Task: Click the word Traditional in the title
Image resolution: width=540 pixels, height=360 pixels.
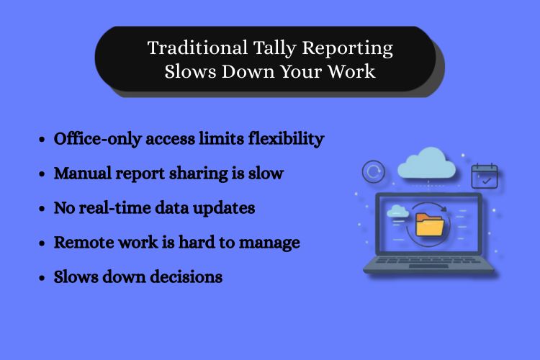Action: pyautogui.click(x=198, y=48)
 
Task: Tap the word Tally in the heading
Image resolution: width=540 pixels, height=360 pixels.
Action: pyautogui.click(x=275, y=48)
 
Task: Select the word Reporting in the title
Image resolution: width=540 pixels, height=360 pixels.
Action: pyautogui.click(x=348, y=48)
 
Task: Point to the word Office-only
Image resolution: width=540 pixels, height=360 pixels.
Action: pyautogui.click(x=98, y=139)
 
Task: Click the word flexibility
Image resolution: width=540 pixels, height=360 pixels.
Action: pyautogui.click(x=286, y=139)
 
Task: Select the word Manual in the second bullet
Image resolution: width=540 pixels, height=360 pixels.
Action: pyautogui.click(x=83, y=173)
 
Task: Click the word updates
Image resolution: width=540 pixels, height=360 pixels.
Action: pyautogui.click(x=224, y=208)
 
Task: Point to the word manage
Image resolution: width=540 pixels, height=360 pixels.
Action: pyautogui.click(x=269, y=243)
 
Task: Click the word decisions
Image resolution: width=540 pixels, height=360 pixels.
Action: pyautogui.click(x=186, y=276)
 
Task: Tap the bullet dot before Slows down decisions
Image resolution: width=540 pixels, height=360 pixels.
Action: pyautogui.click(x=42, y=278)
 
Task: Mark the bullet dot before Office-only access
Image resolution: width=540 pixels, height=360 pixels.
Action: pyautogui.click(x=42, y=140)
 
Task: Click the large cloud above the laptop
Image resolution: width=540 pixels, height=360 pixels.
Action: pyautogui.click(x=427, y=163)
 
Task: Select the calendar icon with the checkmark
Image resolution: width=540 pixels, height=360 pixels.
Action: pyautogui.click(x=485, y=176)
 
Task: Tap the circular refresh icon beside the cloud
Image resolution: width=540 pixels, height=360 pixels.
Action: pyautogui.click(x=374, y=171)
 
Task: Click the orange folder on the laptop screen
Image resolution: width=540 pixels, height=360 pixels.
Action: pyautogui.click(x=429, y=224)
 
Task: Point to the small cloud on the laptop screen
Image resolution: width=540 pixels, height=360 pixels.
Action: pyautogui.click(x=397, y=211)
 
